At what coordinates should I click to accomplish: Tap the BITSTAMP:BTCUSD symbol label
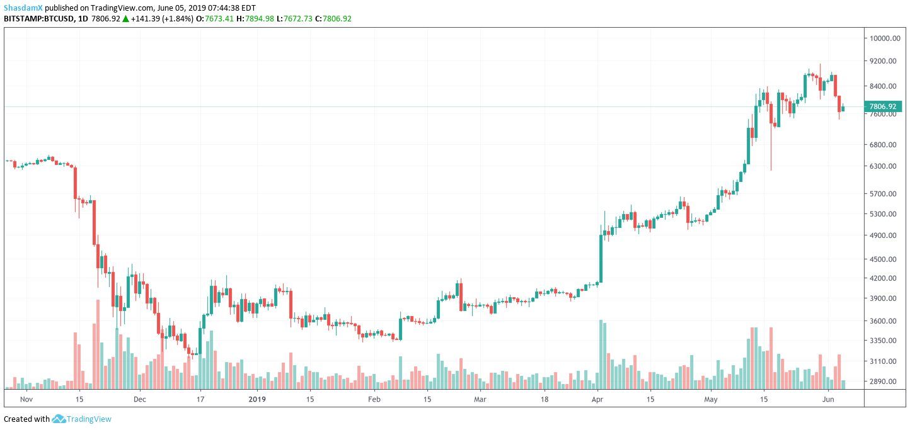pyautogui.click(x=36, y=19)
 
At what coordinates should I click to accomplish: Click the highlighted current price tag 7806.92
pyautogui.click(x=882, y=107)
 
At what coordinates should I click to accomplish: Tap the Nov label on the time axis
pyautogui.click(x=26, y=399)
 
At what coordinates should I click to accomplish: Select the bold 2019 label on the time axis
pyautogui.click(x=258, y=399)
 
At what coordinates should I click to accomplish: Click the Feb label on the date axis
pyautogui.click(x=374, y=399)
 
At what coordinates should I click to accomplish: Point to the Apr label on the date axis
pyautogui.click(x=597, y=399)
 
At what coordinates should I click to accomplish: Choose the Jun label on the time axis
pyautogui.click(x=829, y=399)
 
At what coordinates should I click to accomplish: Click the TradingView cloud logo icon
pyautogui.click(x=59, y=419)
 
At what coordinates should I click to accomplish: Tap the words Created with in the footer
pyautogui.click(x=26, y=419)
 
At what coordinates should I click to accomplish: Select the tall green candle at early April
pyautogui.click(x=601, y=259)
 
